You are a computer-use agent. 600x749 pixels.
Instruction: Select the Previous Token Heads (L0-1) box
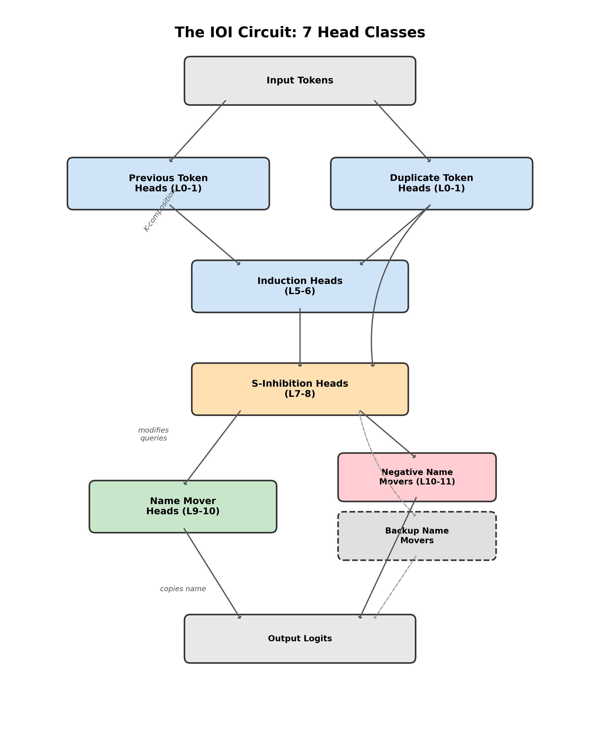tap(168, 183)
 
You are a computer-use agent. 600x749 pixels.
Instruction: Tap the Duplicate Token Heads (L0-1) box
tap(432, 183)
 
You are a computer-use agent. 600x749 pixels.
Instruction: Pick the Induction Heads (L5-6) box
tap(300, 286)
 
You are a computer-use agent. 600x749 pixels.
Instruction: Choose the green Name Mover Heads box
tap(183, 506)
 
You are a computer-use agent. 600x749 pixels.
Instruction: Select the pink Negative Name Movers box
tap(417, 477)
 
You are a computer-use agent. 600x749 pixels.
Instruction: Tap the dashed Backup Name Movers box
tap(417, 536)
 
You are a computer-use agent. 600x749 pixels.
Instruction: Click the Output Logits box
tap(300, 639)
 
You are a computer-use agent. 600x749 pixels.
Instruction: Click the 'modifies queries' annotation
tap(154, 434)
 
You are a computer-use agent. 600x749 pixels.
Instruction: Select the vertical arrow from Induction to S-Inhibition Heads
tap(300, 337)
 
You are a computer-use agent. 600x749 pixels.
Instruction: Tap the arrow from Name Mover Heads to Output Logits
tap(212, 573)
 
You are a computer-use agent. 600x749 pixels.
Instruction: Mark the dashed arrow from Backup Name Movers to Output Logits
tap(395, 587)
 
